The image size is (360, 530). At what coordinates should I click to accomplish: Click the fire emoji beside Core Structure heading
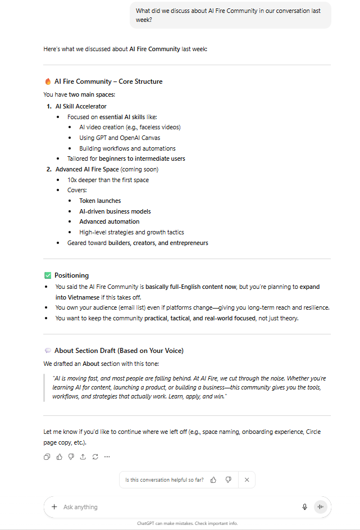point(48,81)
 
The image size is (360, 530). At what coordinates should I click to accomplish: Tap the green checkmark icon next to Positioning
point(48,275)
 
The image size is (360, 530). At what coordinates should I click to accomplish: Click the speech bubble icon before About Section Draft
point(48,351)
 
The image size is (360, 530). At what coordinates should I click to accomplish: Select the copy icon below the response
point(47,457)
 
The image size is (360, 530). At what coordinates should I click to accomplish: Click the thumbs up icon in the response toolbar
point(59,457)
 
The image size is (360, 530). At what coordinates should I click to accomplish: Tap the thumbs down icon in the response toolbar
point(71,457)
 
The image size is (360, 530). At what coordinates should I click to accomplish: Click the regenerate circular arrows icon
point(95,457)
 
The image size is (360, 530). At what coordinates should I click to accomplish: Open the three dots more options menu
point(107,457)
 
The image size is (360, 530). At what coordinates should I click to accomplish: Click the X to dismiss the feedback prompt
point(247,480)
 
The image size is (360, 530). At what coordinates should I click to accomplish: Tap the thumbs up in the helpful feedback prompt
point(213,480)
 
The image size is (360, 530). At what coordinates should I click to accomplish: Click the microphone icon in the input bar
point(305,507)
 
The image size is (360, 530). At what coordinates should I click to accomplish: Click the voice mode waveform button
point(320,507)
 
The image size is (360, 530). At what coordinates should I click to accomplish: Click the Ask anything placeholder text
point(80,507)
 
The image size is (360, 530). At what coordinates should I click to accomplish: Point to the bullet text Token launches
point(100,201)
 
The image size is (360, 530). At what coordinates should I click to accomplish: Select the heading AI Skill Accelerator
point(81,106)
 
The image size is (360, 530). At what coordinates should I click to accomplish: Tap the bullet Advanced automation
point(109,221)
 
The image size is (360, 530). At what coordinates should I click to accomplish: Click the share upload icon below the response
point(83,457)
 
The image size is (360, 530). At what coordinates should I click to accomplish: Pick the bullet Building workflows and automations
point(127,148)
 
